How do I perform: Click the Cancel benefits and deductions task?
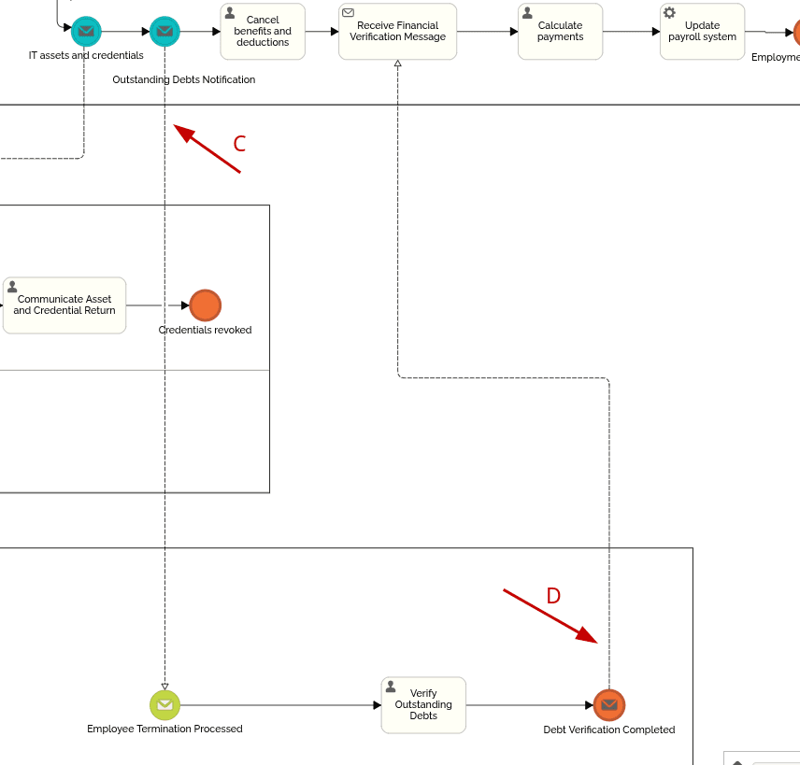pyautogui.click(x=263, y=32)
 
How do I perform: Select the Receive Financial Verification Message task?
pyautogui.click(x=397, y=32)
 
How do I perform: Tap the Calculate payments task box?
pyautogui.click(x=560, y=32)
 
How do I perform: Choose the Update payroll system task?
pyautogui.click(x=702, y=32)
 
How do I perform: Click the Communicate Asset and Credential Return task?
pyautogui.click(x=64, y=305)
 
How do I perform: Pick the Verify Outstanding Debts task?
pyautogui.click(x=423, y=705)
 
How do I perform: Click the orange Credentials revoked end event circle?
pyautogui.click(x=205, y=305)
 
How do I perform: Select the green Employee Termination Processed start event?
pyautogui.click(x=164, y=705)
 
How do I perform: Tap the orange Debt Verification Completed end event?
pyautogui.click(x=609, y=705)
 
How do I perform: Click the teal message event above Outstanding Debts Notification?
pyautogui.click(x=164, y=32)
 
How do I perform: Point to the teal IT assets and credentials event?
pyautogui.click(x=86, y=32)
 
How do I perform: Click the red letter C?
pyautogui.click(x=239, y=144)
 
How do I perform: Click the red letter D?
pyautogui.click(x=553, y=596)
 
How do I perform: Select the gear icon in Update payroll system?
pyautogui.click(x=669, y=13)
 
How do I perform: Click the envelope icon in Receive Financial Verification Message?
pyautogui.click(x=349, y=13)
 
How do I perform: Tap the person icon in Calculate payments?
pyautogui.click(x=527, y=13)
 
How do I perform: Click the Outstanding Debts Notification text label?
pyautogui.click(x=183, y=80)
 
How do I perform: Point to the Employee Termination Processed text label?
pyautogui.click(x=164, y=730)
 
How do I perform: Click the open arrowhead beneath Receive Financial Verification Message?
pyautogui.click(x=397, y=64)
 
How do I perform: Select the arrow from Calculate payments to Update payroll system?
pyautogui.click(x=631, y=32)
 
